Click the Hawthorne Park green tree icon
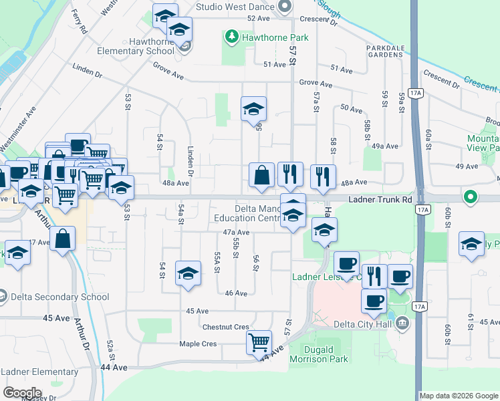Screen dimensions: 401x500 (232, 35)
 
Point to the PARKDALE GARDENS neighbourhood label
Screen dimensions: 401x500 (386, 52)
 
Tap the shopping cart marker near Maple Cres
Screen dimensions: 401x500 (259, 342)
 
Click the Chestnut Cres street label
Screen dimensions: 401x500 (227, 327)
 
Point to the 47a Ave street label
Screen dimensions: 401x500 (236, 233)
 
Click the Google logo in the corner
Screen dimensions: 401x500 (22, 393)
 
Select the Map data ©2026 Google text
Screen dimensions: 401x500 (459, 396)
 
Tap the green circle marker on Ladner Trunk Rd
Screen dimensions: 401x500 (471, 197)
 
